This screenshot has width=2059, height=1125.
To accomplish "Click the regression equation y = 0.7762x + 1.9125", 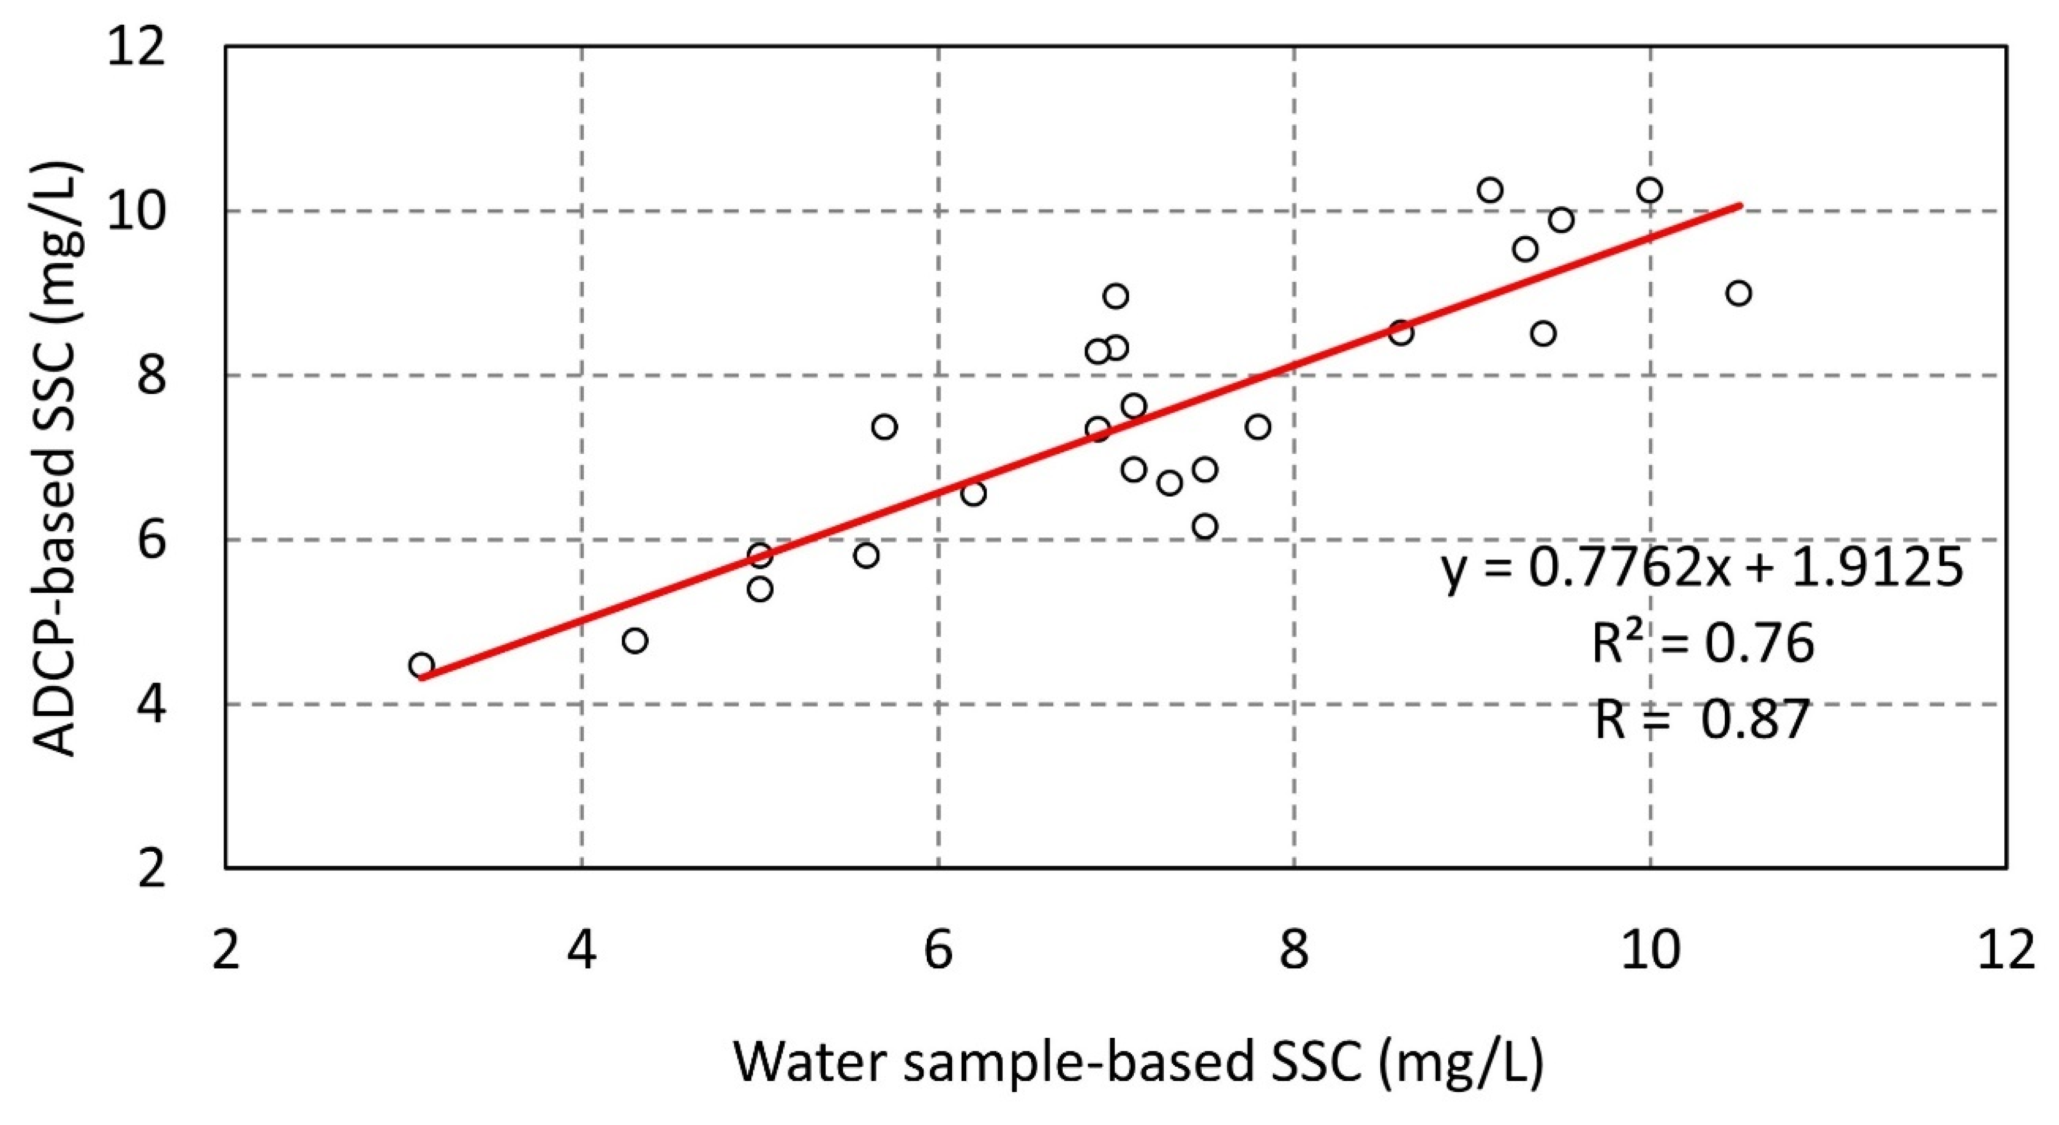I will coord(1702,569).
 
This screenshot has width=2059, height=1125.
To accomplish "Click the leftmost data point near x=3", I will coord(421,665).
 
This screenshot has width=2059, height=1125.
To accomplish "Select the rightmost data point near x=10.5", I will coord(1738,293).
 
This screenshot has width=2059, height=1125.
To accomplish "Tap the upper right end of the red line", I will coord(1739,205).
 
